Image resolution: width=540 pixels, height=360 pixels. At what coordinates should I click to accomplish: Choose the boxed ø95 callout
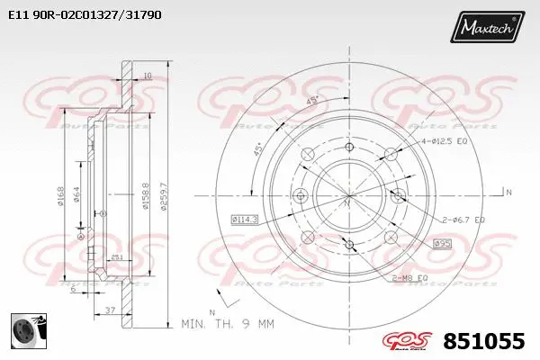click(x=442, y=243)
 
